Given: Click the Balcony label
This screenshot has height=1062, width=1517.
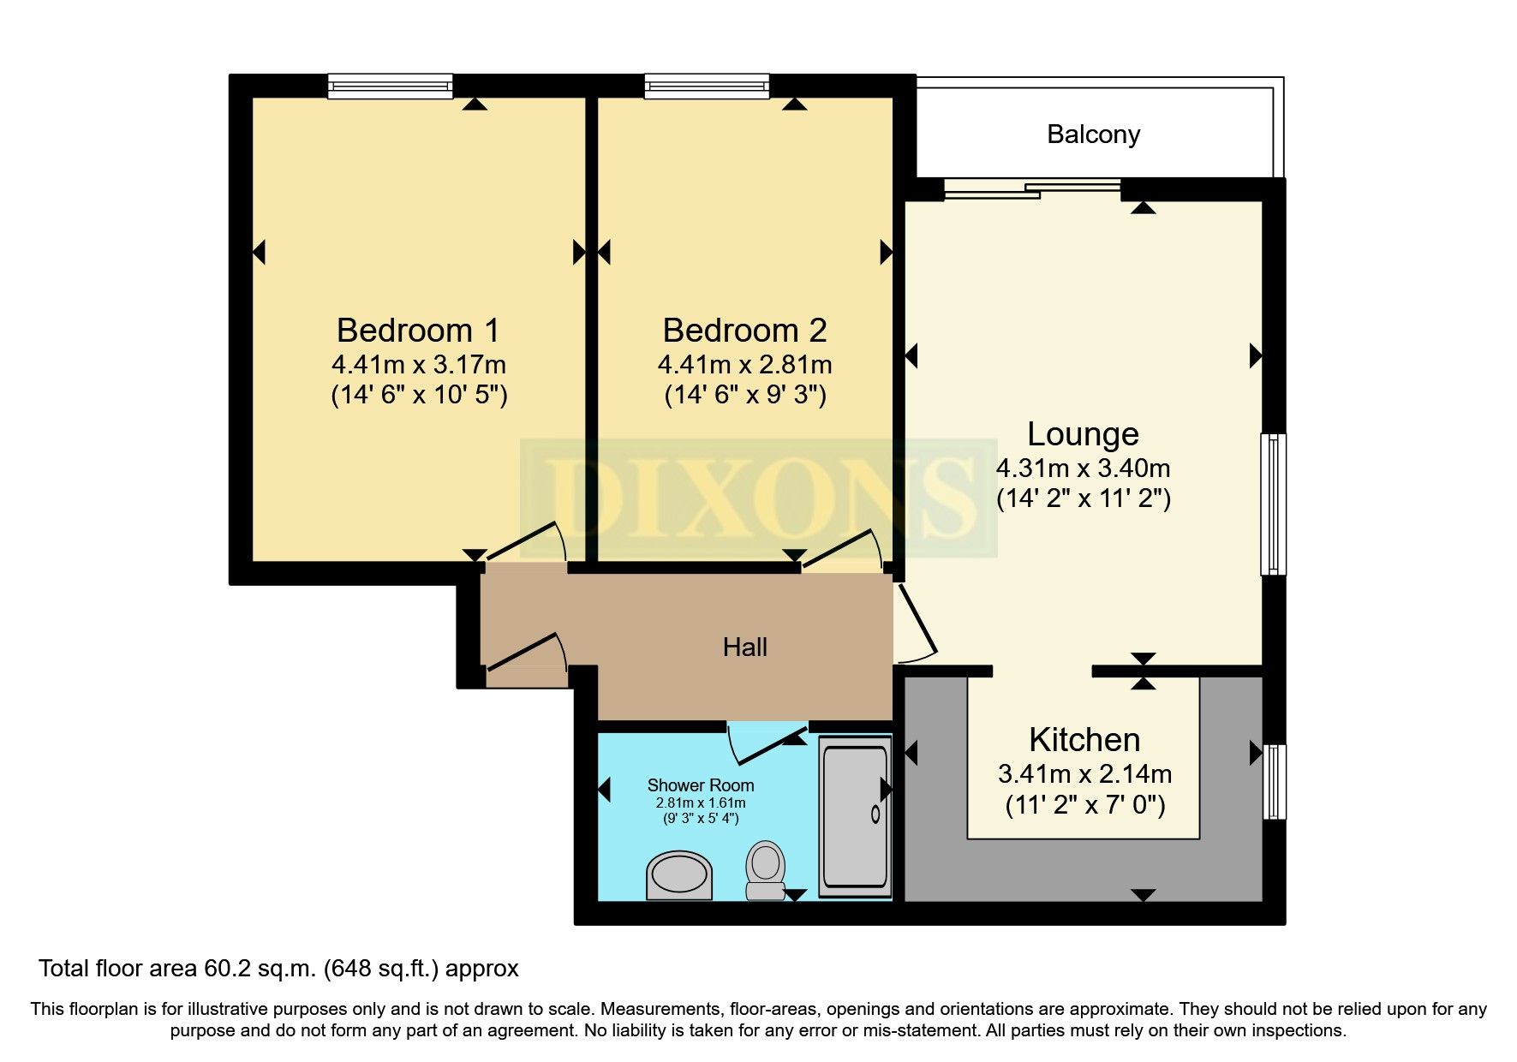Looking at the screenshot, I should point(1093,134).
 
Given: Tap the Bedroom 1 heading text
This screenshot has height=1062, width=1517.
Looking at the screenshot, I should point(417,331).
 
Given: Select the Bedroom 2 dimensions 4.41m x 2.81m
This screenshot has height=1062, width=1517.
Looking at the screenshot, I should point(744,365).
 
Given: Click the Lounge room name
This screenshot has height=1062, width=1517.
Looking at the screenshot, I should point(1083,434).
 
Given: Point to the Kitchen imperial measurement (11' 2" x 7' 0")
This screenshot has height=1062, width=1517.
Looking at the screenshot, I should point(1084,805).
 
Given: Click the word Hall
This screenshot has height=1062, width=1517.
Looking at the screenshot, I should point(744,647).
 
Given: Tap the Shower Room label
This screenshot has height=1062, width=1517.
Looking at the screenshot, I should point(700,785).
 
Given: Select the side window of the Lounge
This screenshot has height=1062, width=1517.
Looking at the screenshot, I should point(1273,504).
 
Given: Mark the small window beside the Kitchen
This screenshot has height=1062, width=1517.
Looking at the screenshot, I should point(1275,781).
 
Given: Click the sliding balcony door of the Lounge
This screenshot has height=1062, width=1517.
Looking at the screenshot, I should point(1032,189).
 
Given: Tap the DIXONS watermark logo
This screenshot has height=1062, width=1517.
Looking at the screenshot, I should point(758,498).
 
